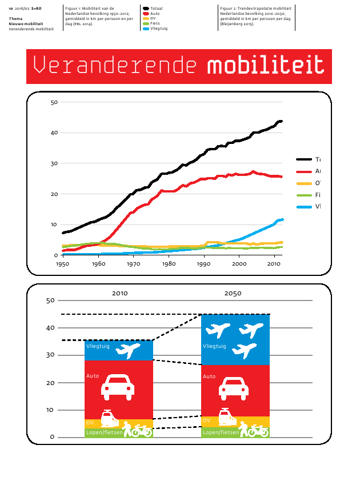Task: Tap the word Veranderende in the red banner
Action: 117,66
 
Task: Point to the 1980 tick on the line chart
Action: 169,264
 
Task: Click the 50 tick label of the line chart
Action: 55,102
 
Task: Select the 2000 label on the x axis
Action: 239,264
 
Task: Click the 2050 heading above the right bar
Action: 233,293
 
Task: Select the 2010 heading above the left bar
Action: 120,293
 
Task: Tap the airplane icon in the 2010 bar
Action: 127,350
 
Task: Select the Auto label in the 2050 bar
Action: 209,376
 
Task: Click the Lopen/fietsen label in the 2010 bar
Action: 103,433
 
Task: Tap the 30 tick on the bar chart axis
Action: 50,355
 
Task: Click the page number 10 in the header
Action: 11,9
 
